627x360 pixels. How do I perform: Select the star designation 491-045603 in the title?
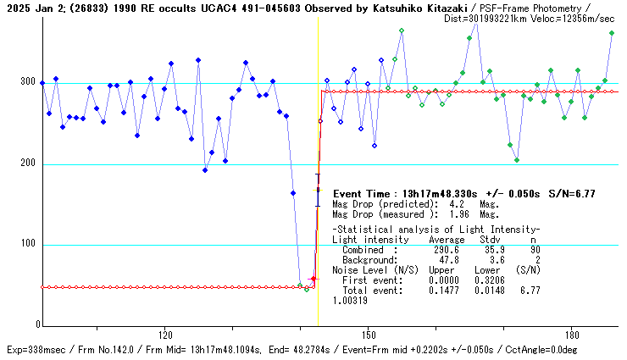coord(246,8)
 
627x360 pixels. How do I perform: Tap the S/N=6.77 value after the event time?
coord(571,194)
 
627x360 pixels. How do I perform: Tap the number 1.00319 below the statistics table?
coord(351,300)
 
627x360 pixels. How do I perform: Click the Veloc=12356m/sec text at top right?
coord(577,18)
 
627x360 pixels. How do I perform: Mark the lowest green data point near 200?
coord(517,160)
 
